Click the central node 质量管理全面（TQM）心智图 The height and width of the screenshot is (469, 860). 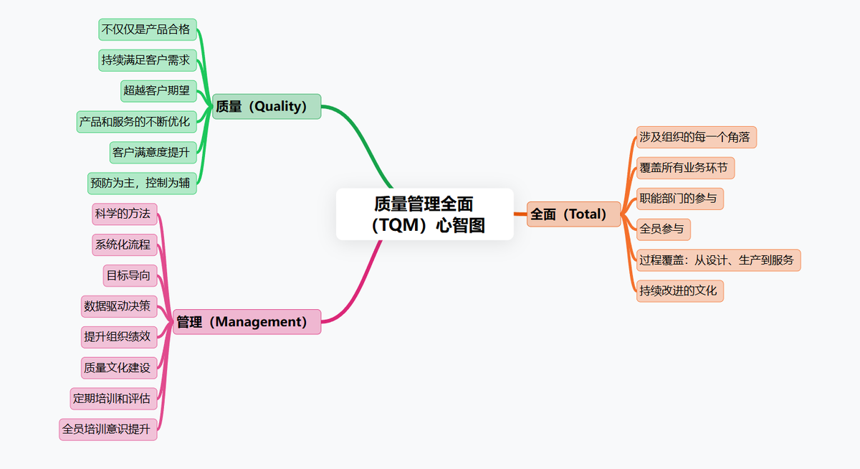pos(424,214)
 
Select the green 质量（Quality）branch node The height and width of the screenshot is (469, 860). pos(267,107)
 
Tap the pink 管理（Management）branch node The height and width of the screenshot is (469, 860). pos(247,322)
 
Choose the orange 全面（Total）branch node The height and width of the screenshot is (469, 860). pos(573,214)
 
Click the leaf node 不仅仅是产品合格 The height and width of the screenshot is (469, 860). pos(147,29)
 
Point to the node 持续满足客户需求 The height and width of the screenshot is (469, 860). pos(147,60)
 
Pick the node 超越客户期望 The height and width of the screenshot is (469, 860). pos(158,91)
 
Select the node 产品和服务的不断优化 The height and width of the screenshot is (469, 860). pos(136,122)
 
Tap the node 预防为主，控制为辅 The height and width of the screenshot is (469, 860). pos(141,183)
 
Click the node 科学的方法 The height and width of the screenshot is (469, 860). pos(125,214)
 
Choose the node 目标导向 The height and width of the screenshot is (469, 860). pos(130,275)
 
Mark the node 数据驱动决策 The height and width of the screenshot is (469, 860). pos(118,306)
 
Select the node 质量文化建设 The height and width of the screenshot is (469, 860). pos(118,368)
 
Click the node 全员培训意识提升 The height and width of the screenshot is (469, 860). pos(107,430)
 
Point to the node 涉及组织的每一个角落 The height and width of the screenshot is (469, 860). pos(696,137)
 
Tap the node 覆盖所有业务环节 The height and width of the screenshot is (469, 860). pos(685,168)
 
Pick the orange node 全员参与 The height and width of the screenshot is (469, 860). pos(663,229)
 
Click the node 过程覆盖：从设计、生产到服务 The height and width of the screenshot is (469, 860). pos(718,260)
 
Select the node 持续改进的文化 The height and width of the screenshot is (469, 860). pos(679,291)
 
